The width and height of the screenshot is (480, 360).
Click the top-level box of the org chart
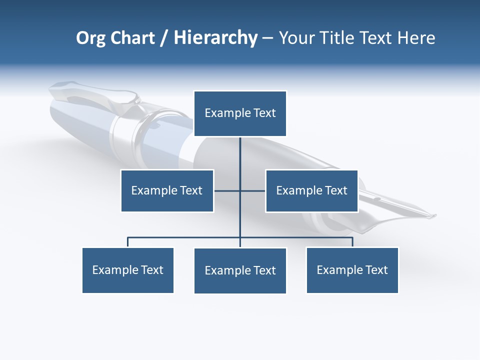point(240,113)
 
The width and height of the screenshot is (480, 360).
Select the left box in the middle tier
point(167,190)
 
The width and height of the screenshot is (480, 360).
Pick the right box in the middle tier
point(311,190)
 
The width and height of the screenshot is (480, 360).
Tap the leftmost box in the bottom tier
point(128,270)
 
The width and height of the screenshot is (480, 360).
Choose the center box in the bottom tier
point(240,270)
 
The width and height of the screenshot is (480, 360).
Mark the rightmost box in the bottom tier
point(352,270)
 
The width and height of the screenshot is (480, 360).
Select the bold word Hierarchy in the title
point(215,38)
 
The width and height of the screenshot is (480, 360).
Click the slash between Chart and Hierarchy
point(164,38)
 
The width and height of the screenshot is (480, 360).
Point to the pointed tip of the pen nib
point(435,216)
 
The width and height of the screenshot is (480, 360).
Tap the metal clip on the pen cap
point(95,95)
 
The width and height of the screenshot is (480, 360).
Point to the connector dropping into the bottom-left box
point(128,242)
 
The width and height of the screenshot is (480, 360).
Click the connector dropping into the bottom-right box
point(352,242)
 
